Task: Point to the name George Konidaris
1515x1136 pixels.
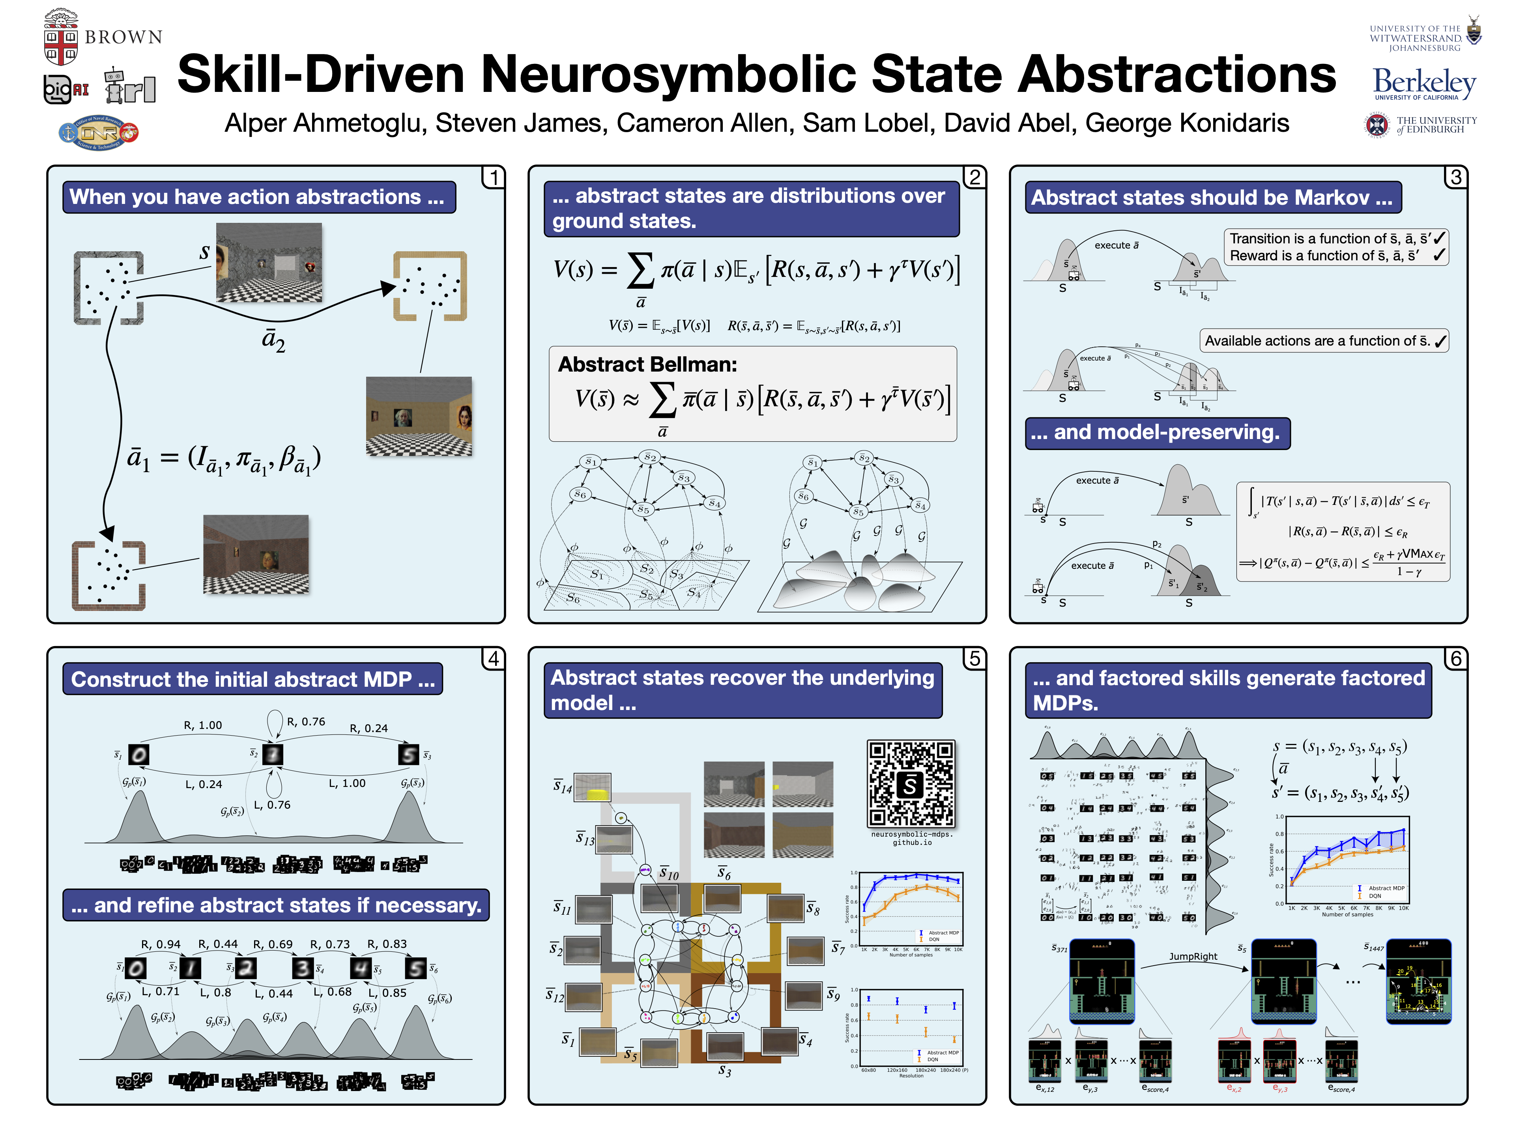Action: click(x=1186, y=123)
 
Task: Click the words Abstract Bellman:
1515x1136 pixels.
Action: click(x=647, y=364)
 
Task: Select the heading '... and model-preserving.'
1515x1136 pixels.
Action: click(x=1157, y=433)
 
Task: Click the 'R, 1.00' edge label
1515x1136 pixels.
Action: click(x=203, y=725)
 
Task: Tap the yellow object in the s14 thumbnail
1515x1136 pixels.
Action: click(x=599, y=794)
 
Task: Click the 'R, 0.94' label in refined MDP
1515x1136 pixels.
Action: click(x=161, y=944)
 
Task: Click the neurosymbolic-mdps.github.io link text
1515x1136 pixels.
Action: click(x=912, y=838)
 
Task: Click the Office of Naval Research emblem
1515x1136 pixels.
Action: click(x=99, y=132)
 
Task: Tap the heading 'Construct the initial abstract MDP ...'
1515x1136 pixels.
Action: click(x=253, y=679)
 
